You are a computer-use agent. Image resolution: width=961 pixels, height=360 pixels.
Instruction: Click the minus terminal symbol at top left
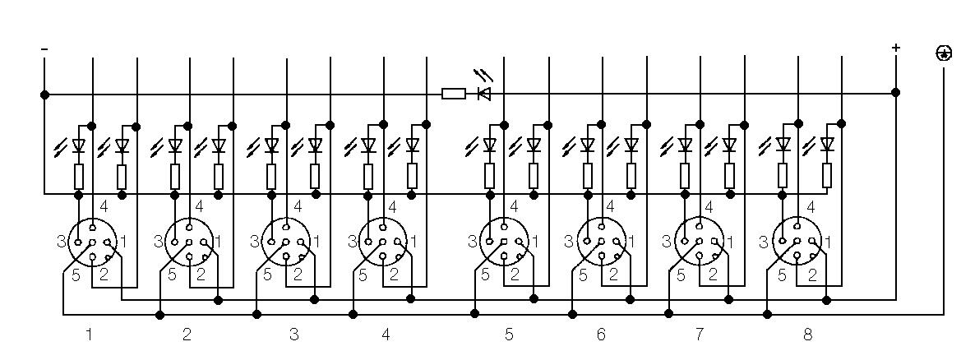pos(44,49)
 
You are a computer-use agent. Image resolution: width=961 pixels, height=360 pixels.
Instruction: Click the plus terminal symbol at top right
pos(896,48)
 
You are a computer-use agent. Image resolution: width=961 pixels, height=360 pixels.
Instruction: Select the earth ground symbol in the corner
pos(944,53)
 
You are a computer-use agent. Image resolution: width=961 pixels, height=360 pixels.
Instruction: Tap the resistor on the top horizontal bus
pos(454,94)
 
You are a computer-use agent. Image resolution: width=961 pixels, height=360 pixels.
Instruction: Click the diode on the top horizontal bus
pos(484,94)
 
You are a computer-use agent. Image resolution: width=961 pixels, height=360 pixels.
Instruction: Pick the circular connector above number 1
pos(92,242)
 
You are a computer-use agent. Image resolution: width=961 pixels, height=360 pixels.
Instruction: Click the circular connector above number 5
pos(503,242)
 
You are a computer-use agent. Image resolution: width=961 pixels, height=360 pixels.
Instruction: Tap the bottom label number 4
pos(386,335)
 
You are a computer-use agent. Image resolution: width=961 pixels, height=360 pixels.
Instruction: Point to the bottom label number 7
pos(699,335)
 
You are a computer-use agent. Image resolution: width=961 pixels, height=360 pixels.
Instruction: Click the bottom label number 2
pos(187,335)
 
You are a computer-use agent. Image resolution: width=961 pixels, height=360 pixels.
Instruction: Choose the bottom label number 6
pos(601,335)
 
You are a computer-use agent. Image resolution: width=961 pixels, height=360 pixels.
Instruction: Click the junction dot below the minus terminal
pos(44,94)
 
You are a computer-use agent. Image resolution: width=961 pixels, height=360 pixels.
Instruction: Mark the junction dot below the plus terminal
pos(896,93)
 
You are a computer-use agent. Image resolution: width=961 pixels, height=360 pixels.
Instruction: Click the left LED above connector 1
pos(79,146)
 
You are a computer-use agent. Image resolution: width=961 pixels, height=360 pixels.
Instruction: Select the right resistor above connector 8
pos(827,175)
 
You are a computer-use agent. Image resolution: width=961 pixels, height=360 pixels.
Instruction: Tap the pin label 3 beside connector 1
pos(61,242)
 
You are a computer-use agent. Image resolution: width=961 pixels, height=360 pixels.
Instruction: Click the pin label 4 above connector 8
pos(811,207)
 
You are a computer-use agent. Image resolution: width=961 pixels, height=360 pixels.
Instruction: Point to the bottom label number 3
pos(293,335)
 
